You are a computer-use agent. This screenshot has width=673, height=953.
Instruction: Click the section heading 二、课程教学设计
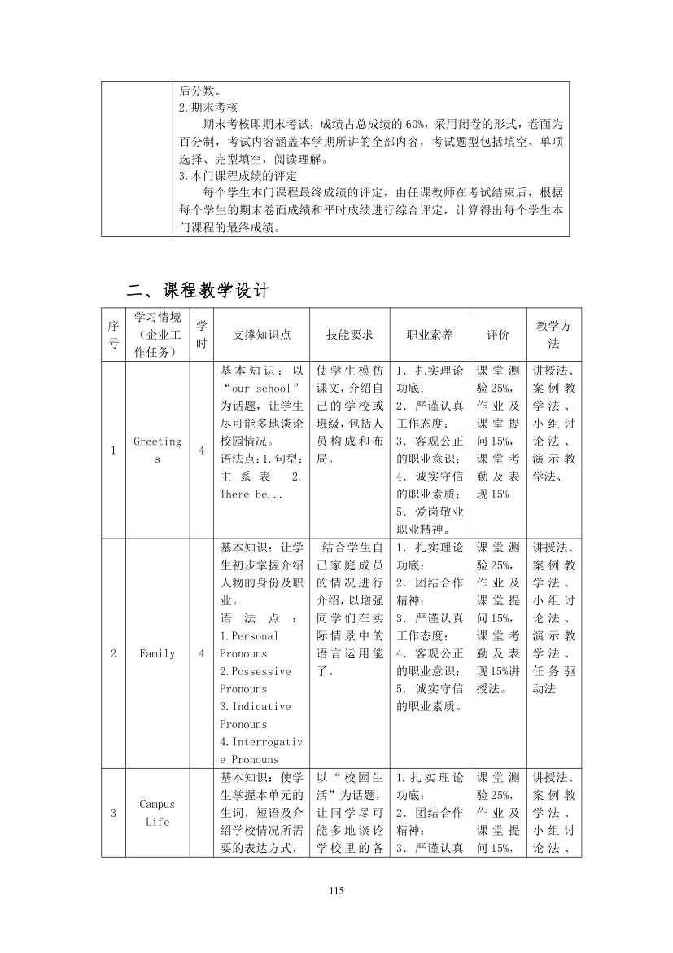[x=199, y=290]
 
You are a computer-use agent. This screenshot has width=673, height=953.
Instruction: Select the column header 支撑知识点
[x=256, y=335]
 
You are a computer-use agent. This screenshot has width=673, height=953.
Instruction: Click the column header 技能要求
[x=350, y=335]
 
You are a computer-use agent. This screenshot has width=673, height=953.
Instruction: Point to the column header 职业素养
[x=430, y=335]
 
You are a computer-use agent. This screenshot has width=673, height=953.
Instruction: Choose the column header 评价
[x=498, y=335]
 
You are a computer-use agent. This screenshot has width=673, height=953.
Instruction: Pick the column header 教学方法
[x=553, y=335]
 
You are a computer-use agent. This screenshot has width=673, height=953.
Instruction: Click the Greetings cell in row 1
[x=157, y=450]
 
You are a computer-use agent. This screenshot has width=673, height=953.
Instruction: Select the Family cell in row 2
[x=157, y=653]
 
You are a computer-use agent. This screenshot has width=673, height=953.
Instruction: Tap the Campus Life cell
[x=157, y=813]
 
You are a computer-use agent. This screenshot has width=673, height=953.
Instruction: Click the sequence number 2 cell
[x=113, y=653]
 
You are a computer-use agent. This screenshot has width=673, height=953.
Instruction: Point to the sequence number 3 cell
[x=113, y=813]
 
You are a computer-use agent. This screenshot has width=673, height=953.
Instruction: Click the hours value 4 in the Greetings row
[x=201, y=450]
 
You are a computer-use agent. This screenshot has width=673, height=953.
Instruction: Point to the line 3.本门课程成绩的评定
[x=238, y=175]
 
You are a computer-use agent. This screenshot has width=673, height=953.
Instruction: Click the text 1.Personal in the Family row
[x=249, y=636]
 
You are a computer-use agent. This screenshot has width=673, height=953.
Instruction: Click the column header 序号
[x=113, y=335]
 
